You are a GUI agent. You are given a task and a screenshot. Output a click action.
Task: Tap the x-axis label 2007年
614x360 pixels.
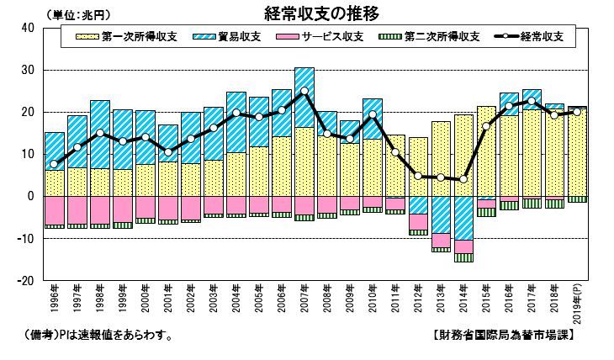click(304, 301)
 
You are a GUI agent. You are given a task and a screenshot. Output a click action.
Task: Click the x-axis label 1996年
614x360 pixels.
click(54, 301)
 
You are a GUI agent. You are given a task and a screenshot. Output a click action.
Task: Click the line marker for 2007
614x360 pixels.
click(304, 91)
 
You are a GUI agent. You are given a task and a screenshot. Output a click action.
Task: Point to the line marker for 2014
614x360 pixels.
click(463, 179)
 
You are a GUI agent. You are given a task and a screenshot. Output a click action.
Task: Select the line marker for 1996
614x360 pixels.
click(55, 164)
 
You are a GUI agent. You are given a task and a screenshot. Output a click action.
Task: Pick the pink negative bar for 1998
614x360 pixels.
click(100, 209)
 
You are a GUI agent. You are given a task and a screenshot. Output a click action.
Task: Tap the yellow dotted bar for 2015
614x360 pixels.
click(486, 151)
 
